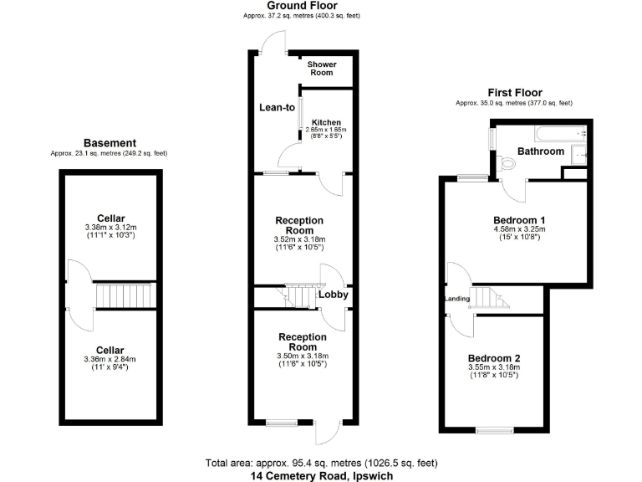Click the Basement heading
coord(109,143)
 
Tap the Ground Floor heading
coord(303,6)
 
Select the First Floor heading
coord(514,93)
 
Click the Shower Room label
coord(321,69)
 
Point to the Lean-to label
coord(277,107)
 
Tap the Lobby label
coord(333,295)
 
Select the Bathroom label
coord(541,151)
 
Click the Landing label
coord(456,299)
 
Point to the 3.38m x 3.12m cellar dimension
coord(110,228)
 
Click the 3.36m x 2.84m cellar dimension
coord(110,360)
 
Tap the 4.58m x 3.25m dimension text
coord(518,230)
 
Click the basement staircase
coord(124,295)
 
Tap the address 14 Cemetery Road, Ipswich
coord(321,475)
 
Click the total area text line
coord(321,463)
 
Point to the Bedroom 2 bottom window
coord(493,430)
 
